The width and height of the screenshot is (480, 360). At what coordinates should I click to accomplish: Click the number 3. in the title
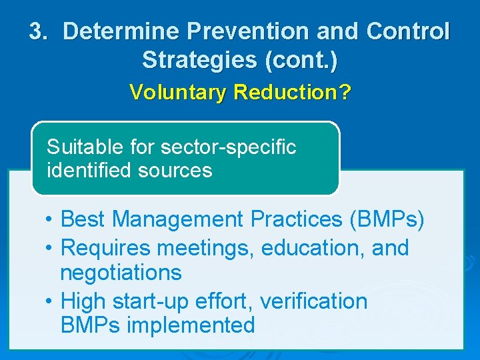(x=40, y=31)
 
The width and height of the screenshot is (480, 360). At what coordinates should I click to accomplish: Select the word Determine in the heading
(x=121, y=31)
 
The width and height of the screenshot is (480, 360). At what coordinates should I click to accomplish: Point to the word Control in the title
(x=408, y=31)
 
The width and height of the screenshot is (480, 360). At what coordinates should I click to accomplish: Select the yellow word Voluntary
(x=178, y=92)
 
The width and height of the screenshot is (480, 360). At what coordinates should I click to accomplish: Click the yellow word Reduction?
(x=291, y=92)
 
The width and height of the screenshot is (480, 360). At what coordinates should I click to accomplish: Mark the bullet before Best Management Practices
(x=50, y=219)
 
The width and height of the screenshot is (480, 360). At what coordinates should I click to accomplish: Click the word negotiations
(x=121, y=273)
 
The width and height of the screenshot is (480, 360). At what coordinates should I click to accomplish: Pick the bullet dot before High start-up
(x=50, y=301)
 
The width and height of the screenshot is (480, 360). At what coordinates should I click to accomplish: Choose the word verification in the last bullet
(x=313, y=301)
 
